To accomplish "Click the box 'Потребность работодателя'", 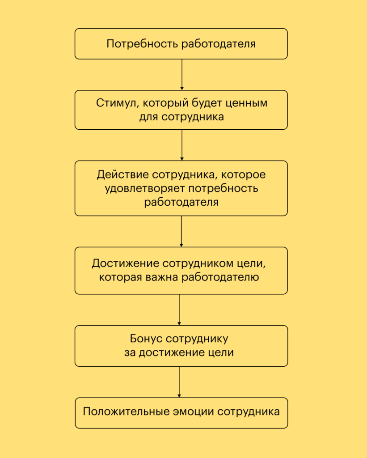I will [x=181, y=44].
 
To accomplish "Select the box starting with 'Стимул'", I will [x=181, y=110].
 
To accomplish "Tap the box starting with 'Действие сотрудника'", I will [x=181, y=188].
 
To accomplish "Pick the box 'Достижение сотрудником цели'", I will [x=181, y=270].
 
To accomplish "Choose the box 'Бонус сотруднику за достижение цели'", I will [x=181, y=346].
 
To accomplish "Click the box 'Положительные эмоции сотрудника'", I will [x=181, y=412].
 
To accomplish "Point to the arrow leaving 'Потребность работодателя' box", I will [x=182, y=75].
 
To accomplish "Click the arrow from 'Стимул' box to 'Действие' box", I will [x=182, y=145].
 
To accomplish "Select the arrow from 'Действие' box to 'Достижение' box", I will [x=181, y=231].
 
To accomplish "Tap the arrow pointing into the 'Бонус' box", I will [x=179, y=310].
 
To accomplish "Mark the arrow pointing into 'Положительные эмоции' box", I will [x=179, y=382].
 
